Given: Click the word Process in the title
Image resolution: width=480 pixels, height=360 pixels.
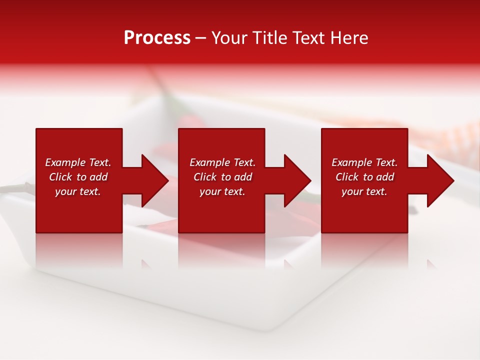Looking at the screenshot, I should point(157,38).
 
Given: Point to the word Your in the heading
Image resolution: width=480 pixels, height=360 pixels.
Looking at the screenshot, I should point(230,38).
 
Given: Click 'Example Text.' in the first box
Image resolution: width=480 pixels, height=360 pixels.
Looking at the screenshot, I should point(78,162).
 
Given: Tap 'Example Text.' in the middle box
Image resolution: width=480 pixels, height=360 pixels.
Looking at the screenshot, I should point(222,162).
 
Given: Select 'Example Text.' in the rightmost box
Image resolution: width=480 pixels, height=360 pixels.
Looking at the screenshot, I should point(364,162).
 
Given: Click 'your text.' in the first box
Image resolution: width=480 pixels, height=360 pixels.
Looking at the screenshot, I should point(78,191).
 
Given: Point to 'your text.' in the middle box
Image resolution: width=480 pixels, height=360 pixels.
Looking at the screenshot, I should point(222,191).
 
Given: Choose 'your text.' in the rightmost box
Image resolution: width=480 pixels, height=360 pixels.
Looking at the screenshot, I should point(364,191).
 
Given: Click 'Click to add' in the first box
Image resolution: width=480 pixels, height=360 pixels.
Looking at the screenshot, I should point(78,177).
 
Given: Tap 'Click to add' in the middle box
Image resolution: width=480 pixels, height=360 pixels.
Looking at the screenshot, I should point(222,177).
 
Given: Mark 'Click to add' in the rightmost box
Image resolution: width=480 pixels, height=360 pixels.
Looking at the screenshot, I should point(364,177).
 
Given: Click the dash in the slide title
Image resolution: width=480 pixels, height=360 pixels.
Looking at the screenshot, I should point(201,38).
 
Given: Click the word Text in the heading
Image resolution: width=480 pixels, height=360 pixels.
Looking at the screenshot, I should point(309,38).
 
